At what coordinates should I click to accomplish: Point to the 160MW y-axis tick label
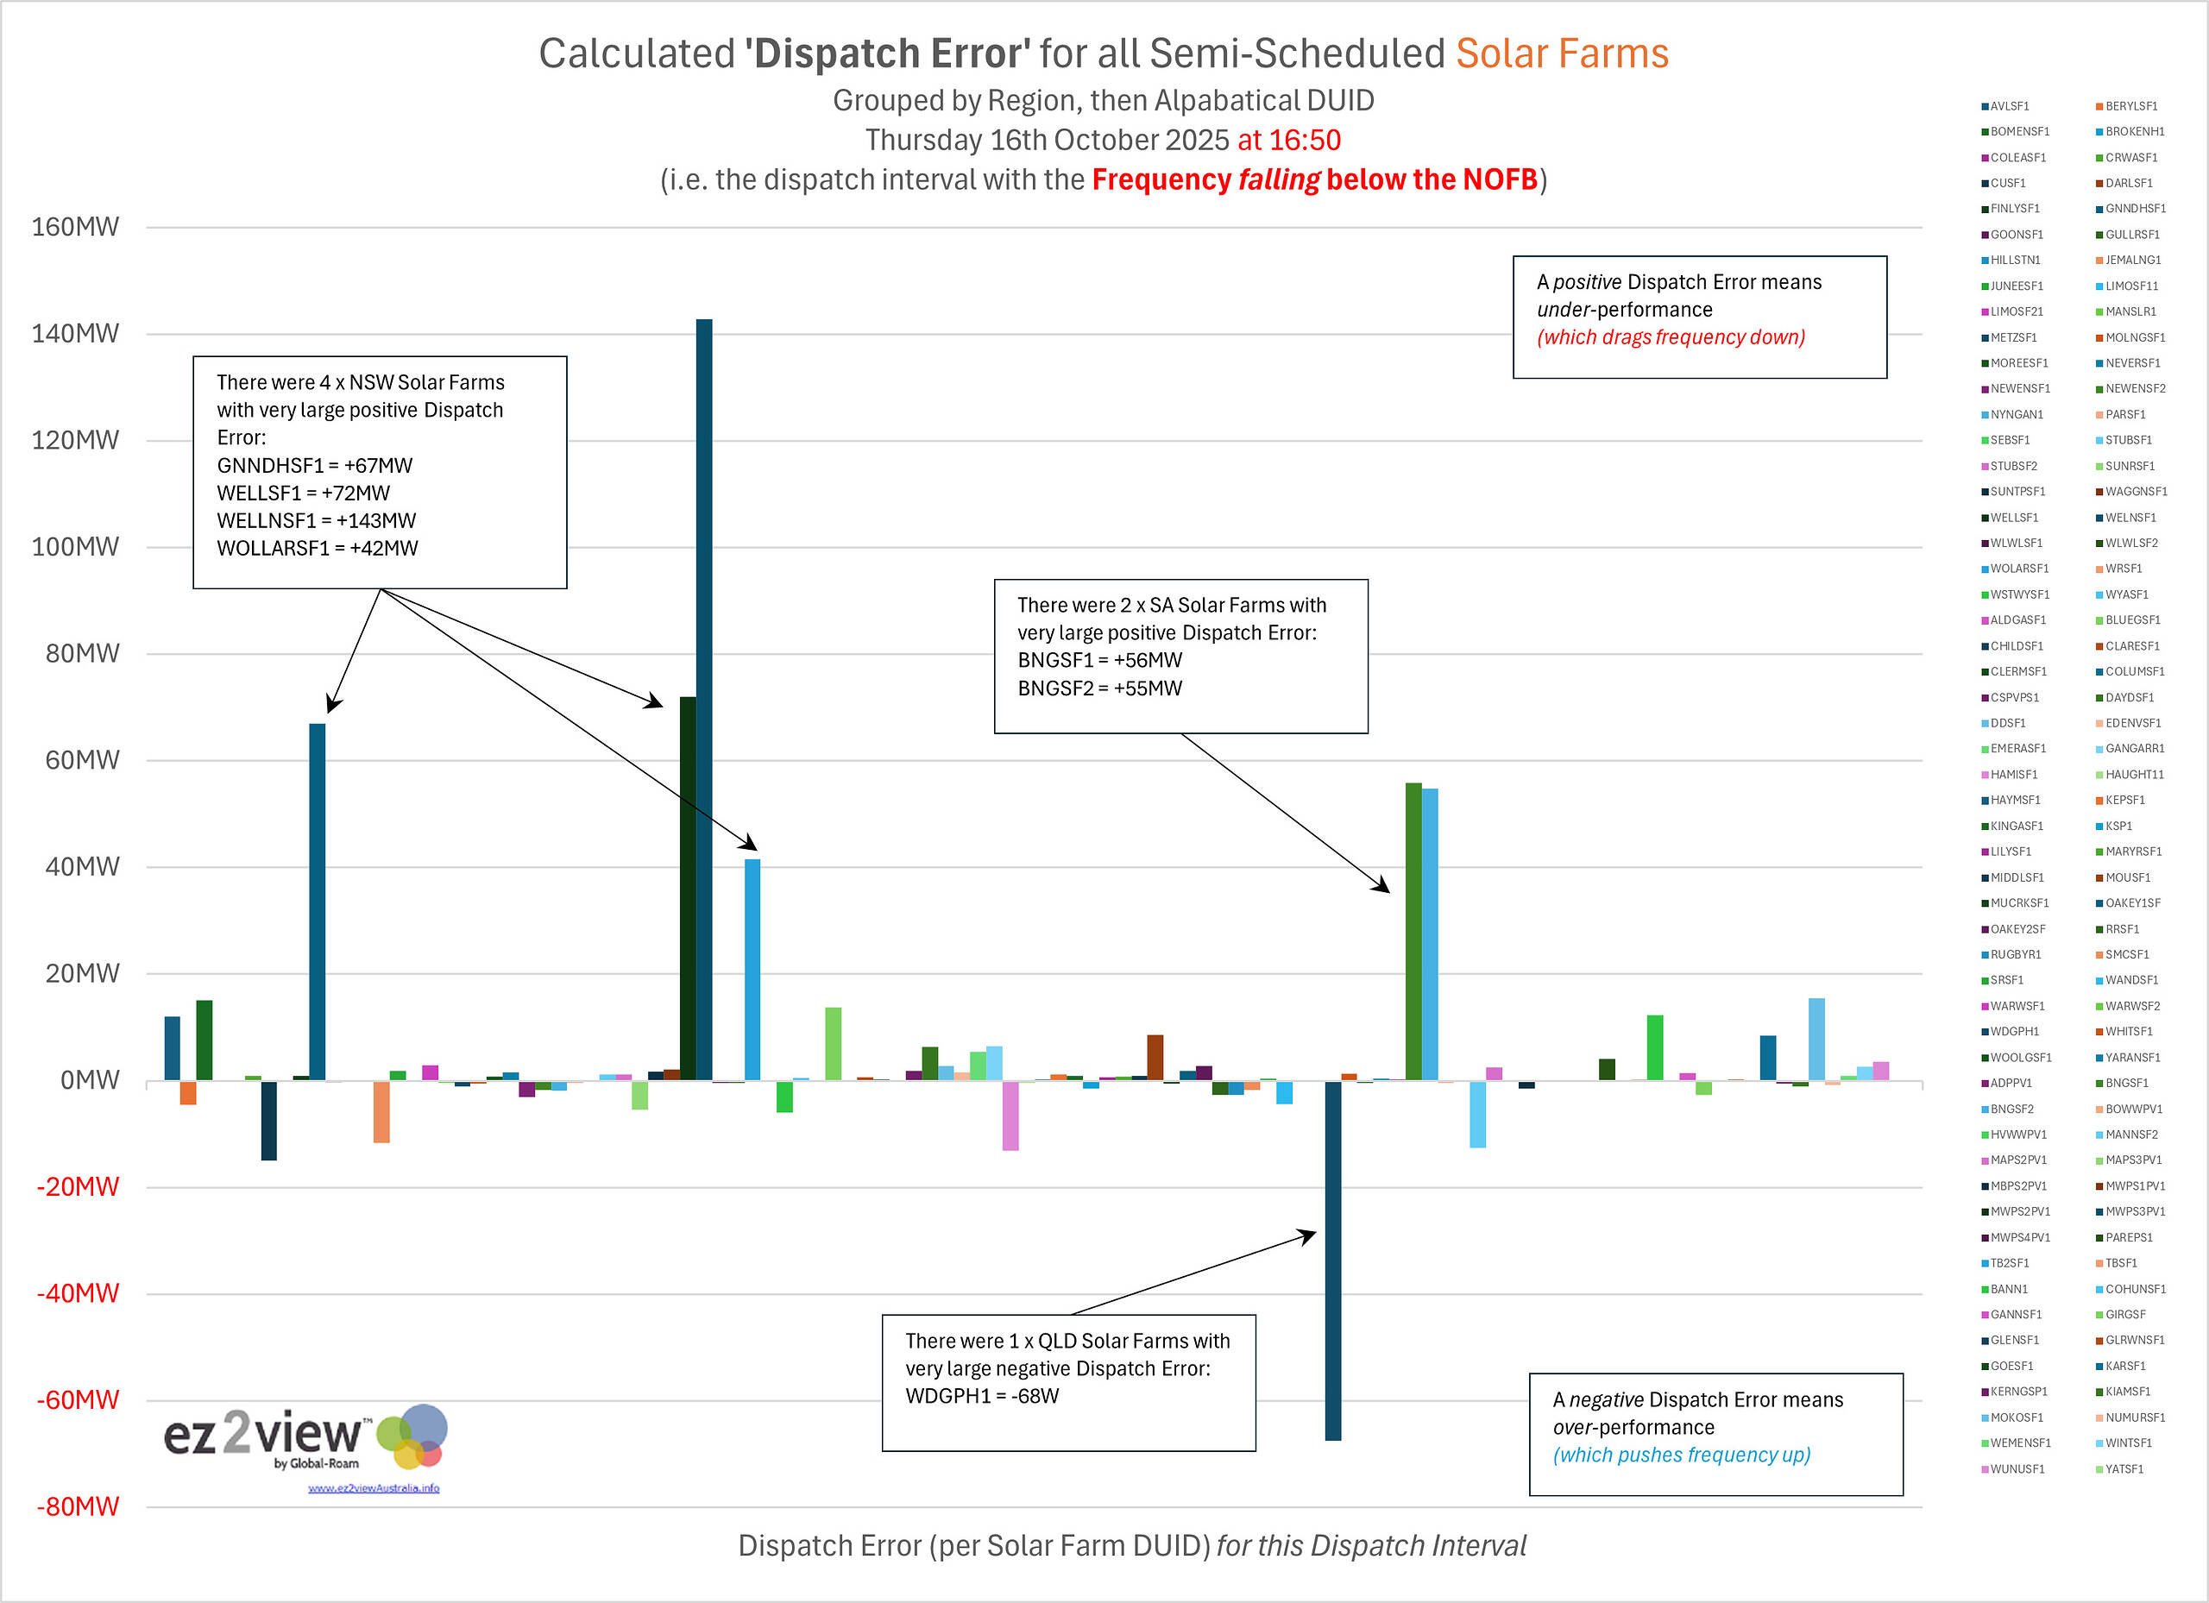coord(75,227)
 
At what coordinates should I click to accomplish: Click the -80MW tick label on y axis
coord(77,1506)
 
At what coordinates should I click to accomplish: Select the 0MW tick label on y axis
coord(89,1080)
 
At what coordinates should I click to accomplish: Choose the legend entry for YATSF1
coord(2124,1468)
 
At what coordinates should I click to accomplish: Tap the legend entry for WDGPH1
coord(2014,1031)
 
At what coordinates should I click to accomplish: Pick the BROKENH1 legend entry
coord(2134,131)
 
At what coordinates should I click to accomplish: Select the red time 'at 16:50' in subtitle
coord(1288,141)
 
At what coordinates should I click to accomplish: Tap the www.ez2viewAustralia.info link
coord(374,1488)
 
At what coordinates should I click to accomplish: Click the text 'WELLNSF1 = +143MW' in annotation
coord(317,521)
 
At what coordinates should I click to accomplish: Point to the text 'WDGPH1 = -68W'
coord(982,1396)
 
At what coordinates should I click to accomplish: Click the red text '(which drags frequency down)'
coord(1671,337)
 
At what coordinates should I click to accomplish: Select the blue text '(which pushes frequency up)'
coord(1681,1455)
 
